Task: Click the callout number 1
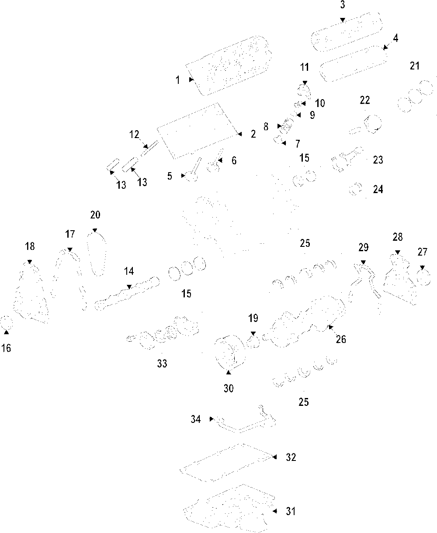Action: (178, 80)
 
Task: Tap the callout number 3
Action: (343, 5)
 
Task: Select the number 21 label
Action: (415, 66)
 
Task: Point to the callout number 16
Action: (6, 348)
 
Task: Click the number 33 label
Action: (162, 363)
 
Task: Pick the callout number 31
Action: (291, 511)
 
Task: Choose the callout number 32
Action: (291, 457)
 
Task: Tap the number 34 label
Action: (196, 419)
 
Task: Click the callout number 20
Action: (95, 215)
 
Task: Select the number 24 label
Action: (378, 189)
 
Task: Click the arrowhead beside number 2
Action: (240, 134)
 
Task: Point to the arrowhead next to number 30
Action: (229, 372)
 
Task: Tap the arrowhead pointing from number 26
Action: (330, 327)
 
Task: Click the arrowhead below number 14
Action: (129, 287)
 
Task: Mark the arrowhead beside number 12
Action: (146, 146)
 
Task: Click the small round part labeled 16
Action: (6, 323)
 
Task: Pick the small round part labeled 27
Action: (423, 277)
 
